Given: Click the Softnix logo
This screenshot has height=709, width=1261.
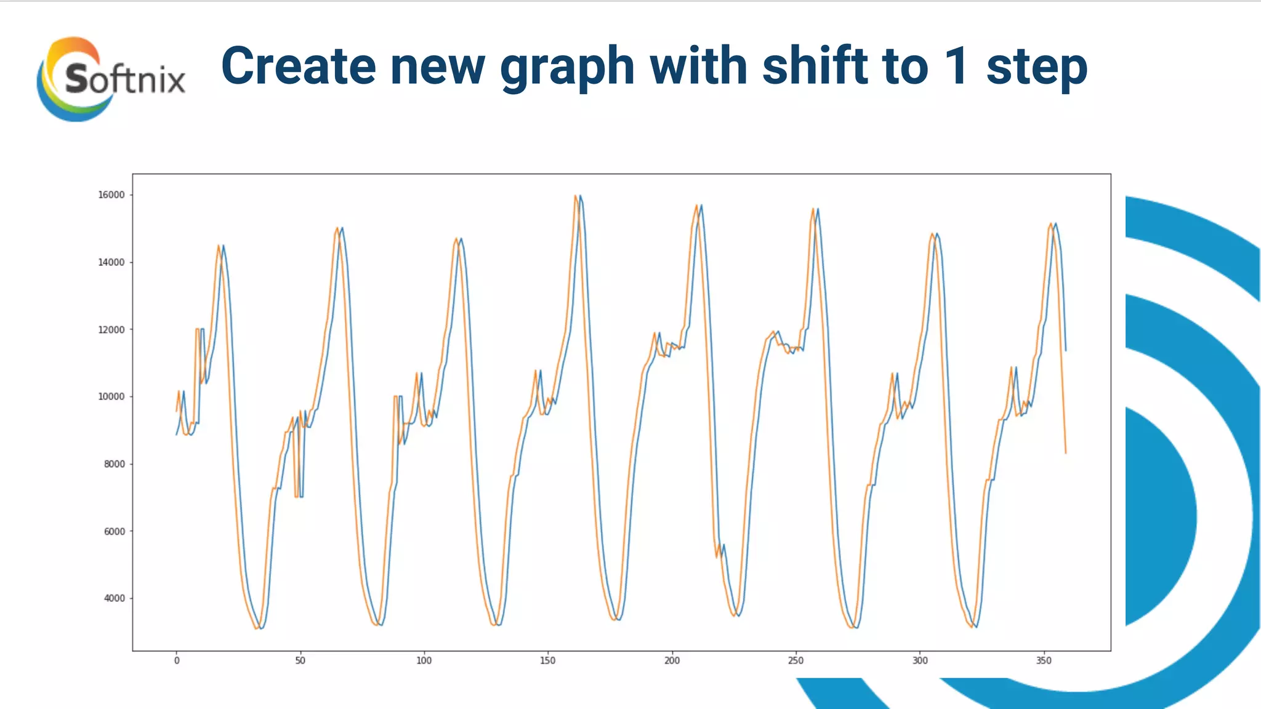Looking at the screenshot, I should coord(111,79).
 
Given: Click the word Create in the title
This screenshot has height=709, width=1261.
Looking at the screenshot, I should coord(298,66).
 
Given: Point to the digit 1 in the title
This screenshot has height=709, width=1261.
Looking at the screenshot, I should coord(956,66).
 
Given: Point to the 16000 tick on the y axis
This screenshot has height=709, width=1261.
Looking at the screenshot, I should coord(111,195).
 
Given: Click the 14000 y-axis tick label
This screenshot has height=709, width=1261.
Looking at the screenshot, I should coord(111,262).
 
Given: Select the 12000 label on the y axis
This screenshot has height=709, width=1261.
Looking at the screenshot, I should coord(111,330).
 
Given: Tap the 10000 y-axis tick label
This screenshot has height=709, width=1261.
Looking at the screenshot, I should coord(111,397).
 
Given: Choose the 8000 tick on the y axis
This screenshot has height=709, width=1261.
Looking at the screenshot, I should coord(114,464).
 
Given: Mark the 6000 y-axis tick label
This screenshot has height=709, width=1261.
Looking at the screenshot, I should coord(114,531).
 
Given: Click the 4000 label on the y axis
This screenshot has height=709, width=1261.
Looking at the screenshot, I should coord(114,598).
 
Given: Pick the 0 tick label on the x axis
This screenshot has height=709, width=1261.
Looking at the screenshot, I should coord(177,661).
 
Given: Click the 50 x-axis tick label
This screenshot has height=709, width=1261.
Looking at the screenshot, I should coord(300,661).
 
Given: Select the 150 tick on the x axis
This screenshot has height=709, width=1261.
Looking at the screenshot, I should coord(547,661).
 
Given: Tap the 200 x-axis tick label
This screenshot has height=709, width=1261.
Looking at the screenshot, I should coord(672,661).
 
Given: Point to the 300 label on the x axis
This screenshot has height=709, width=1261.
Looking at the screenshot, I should coord(919,661).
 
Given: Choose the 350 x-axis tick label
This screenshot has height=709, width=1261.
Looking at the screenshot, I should coord(1044,661).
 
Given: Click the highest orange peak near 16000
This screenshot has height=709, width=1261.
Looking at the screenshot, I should coord(575,196).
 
